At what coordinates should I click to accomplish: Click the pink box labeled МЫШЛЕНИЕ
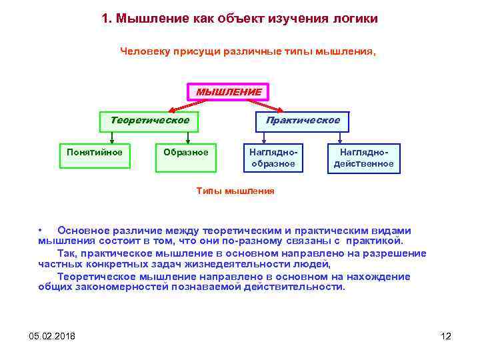tap(228, 92)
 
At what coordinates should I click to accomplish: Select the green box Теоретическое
tap(149, 121)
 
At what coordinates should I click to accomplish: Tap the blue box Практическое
tap(303, 121)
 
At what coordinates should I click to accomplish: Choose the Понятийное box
tap(95, 153)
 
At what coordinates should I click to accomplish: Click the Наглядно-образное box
tap(273, 158)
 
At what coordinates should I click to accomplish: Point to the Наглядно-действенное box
tap(363, 158)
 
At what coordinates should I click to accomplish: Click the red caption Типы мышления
tap(235, 191)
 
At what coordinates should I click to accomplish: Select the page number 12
tap(446, 335)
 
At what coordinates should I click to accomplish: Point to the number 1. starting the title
tap(107, 18)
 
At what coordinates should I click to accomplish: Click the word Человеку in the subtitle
tap(146, 51)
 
